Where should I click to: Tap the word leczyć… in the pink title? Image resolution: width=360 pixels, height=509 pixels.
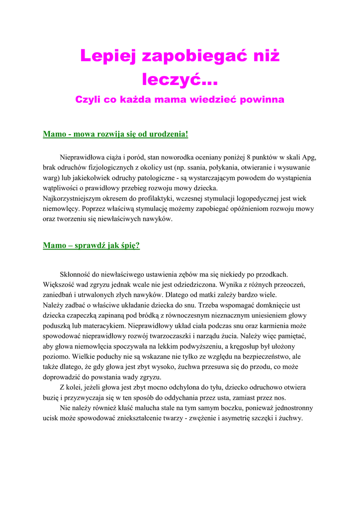click(180, 78)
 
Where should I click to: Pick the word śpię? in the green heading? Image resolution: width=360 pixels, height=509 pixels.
click(127, 246)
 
